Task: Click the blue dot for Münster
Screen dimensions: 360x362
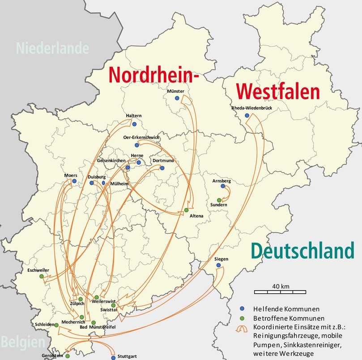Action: coord(177,98)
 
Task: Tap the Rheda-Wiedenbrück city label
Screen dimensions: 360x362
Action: coord(251,108)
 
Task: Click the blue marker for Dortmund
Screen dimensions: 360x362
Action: coord(162,168)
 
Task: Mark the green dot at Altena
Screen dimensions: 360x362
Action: coord(186,210)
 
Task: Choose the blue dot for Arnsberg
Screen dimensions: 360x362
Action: coord(223,186)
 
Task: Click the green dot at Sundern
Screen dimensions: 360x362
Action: coord(219,200)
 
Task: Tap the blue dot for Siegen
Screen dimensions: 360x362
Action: coord(218,265)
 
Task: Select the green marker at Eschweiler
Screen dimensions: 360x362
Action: coord(42,276)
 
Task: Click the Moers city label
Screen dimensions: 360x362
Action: coord(71,175)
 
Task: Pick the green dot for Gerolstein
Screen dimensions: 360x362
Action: coord(68,356)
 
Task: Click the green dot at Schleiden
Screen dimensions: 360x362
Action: coord(57,325)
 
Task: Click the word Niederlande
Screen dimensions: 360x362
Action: coord(52,48)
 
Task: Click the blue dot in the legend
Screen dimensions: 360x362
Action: coord(242,309)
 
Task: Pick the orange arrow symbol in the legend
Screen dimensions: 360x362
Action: coord(243,328)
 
